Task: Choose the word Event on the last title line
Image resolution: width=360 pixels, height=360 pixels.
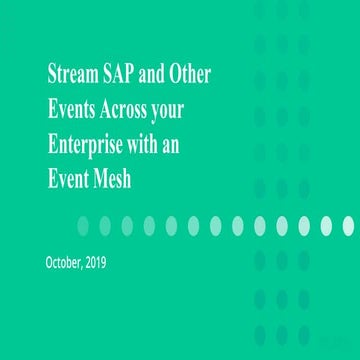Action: coord(69,174)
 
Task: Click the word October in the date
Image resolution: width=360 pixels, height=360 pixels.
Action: coord(65,263)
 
